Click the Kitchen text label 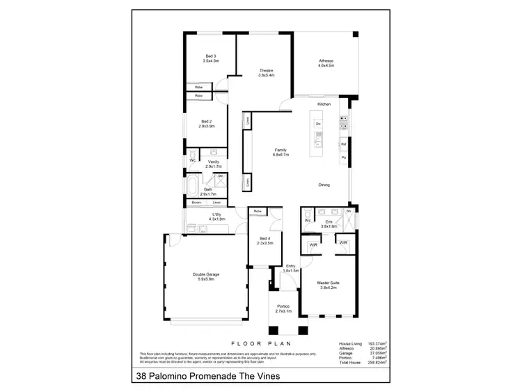pyautogui.click(x=324, y=104)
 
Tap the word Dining pyautogui.click(x=324, y=185)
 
